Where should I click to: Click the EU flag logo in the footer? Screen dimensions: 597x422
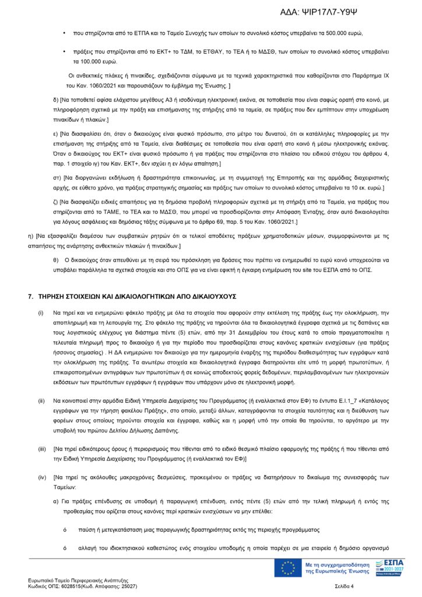pyautogui.click(x=287, y=568)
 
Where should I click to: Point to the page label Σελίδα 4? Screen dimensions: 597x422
pyautogui.click(x=344, y=586)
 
